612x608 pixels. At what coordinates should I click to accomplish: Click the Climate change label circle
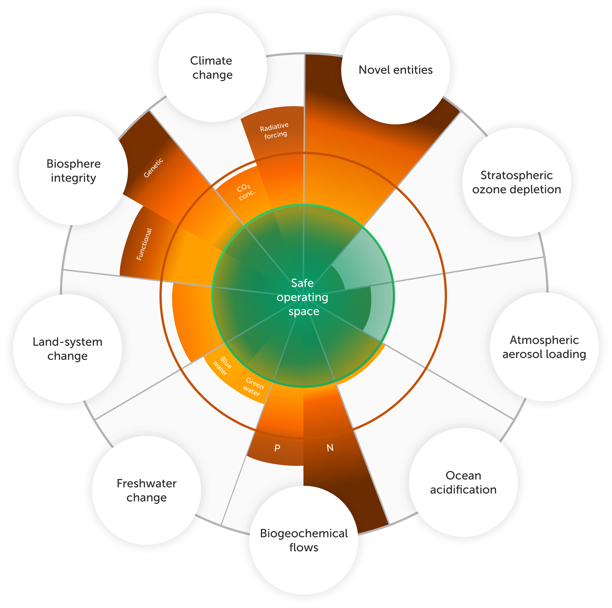(x=212, y=68)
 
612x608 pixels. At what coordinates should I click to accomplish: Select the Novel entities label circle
(x=395, y=70)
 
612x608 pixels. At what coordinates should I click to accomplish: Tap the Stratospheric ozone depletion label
(x=516, y=182)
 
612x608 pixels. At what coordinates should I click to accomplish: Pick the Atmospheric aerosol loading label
(x=544, y=347)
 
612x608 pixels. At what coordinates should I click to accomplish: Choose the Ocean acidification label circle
(x=463, y=483)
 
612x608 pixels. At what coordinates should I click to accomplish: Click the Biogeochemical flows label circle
(x=304, y=540)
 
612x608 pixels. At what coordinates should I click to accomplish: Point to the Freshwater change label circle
(x=147, y=490)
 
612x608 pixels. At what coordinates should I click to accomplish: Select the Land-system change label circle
(x=67, y=349)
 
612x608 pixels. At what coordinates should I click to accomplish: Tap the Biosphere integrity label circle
(x=73, y=171)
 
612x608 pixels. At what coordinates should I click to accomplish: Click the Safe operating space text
(x=303, y=297)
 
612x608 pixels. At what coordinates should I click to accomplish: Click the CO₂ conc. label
(x=246, y=192)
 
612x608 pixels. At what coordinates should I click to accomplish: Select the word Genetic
(x=153, y=168)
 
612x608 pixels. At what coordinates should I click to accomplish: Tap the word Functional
(x=144, y=244)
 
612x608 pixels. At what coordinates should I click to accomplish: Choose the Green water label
(x=253, y=387)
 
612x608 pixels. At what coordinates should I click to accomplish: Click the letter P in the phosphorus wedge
(x=277, y=448)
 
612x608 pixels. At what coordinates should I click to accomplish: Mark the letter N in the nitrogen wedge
(x=330, y=448)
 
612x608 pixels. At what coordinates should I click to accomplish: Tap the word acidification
(x=463, y=490)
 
